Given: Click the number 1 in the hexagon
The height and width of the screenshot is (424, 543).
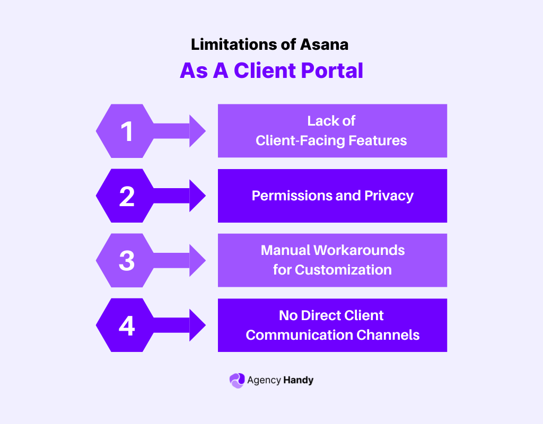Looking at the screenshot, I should (127, 131).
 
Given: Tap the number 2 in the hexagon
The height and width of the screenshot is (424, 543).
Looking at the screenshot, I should (127, 196).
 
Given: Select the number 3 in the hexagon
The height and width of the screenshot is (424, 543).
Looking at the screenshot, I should (127, 261).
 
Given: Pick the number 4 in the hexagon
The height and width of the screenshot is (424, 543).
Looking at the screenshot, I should (127, 325).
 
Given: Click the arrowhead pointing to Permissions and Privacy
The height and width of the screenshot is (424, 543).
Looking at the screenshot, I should (197, 196).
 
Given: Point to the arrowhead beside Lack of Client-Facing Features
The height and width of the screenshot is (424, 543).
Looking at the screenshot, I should (197, 131).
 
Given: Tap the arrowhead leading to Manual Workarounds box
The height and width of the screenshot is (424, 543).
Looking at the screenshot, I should (197, 261).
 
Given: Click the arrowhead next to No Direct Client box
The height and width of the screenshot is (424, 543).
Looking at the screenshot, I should (197, 325).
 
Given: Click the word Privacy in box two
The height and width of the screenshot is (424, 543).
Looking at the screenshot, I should (389, 196).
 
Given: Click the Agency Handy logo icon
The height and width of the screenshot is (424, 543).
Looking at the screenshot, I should (237, 380).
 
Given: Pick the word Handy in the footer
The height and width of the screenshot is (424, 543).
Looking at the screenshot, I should (298, 380).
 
